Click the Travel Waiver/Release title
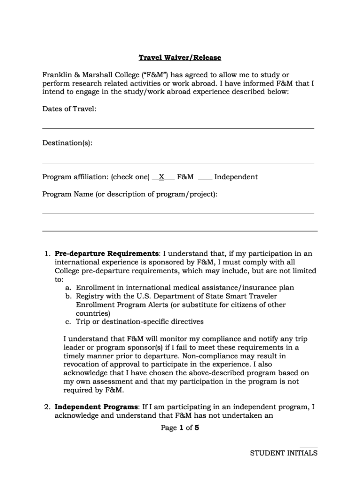[x=180, y=58]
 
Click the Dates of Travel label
[x=69, y=109]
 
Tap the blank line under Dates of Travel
[x=178, y=128]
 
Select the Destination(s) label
[x=67, y=143]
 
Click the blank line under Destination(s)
[x=178, y=163]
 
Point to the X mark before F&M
[x=162, y=177]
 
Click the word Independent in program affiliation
[x=236, y=177]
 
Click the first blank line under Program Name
[x=178, y=214]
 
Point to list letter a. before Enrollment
[x=68, y=288]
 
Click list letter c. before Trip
[x=68, y=322]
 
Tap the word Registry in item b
[x=89, y=297]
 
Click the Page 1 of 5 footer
[x=180, y=428]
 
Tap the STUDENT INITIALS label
[x=283, y=453]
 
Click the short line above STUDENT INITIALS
[x=309, y=448]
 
